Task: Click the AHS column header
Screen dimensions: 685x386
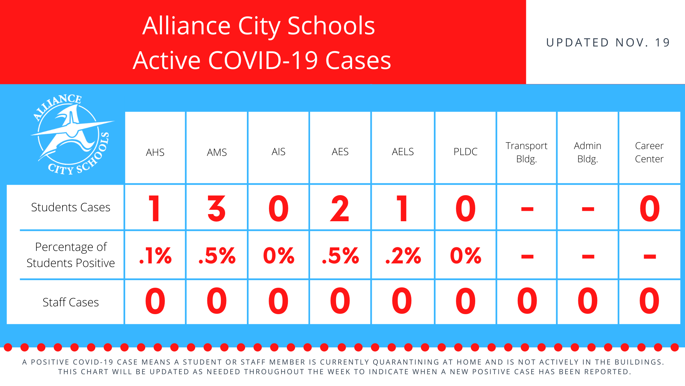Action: [x=155, y=152]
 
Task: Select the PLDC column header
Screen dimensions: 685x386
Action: [x=465, y=152]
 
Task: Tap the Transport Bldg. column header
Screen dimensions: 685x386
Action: [x=526, y=152]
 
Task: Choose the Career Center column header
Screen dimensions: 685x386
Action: [x=649, y=152]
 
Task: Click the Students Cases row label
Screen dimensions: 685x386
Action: [x=71, y=207]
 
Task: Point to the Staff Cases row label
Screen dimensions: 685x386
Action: [x=71, y=302]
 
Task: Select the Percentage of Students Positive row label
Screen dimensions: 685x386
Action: [x=71, y=255]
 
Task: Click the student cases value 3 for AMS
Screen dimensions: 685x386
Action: [x=217, y=208]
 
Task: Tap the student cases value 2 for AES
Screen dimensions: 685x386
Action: [x=340, y=208]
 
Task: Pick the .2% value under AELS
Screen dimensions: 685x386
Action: [x=403, y=256]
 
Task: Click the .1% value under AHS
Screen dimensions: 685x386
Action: [x=156, y=256]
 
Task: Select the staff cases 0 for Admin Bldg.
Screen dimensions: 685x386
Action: [x=588, y=301]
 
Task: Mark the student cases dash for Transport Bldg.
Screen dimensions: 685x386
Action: [x=527, y=209]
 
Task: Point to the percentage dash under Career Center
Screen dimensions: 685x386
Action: [x=650, y=256]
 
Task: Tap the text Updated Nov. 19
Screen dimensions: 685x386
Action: [x=608, y=43]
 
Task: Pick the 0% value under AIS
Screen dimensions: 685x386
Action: [x=279, y=256]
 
